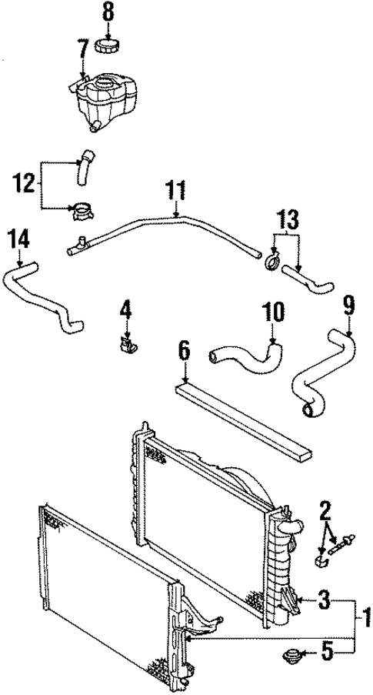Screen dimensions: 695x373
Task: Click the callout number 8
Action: coord(107,12)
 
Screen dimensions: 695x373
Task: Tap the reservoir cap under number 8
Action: coord(107,45)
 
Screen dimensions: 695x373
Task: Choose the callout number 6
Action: coord(184,351)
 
